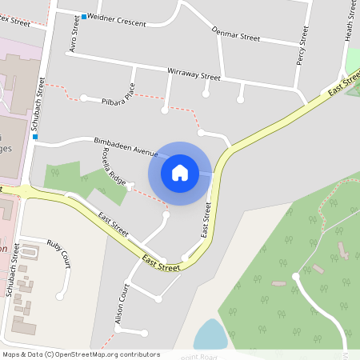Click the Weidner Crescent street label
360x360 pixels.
[117, 20]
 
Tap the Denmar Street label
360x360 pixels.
[236, 35]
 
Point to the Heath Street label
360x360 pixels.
[349, 21]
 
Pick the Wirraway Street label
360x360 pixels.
[194, 74]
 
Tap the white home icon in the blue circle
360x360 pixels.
[180, 172]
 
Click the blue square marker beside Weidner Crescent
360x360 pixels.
[84, 16]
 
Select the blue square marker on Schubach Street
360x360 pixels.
[35, 136]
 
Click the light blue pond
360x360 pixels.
[210, 334]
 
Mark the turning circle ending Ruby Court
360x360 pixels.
[59, 296]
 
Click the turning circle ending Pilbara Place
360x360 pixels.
[83, 98]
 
